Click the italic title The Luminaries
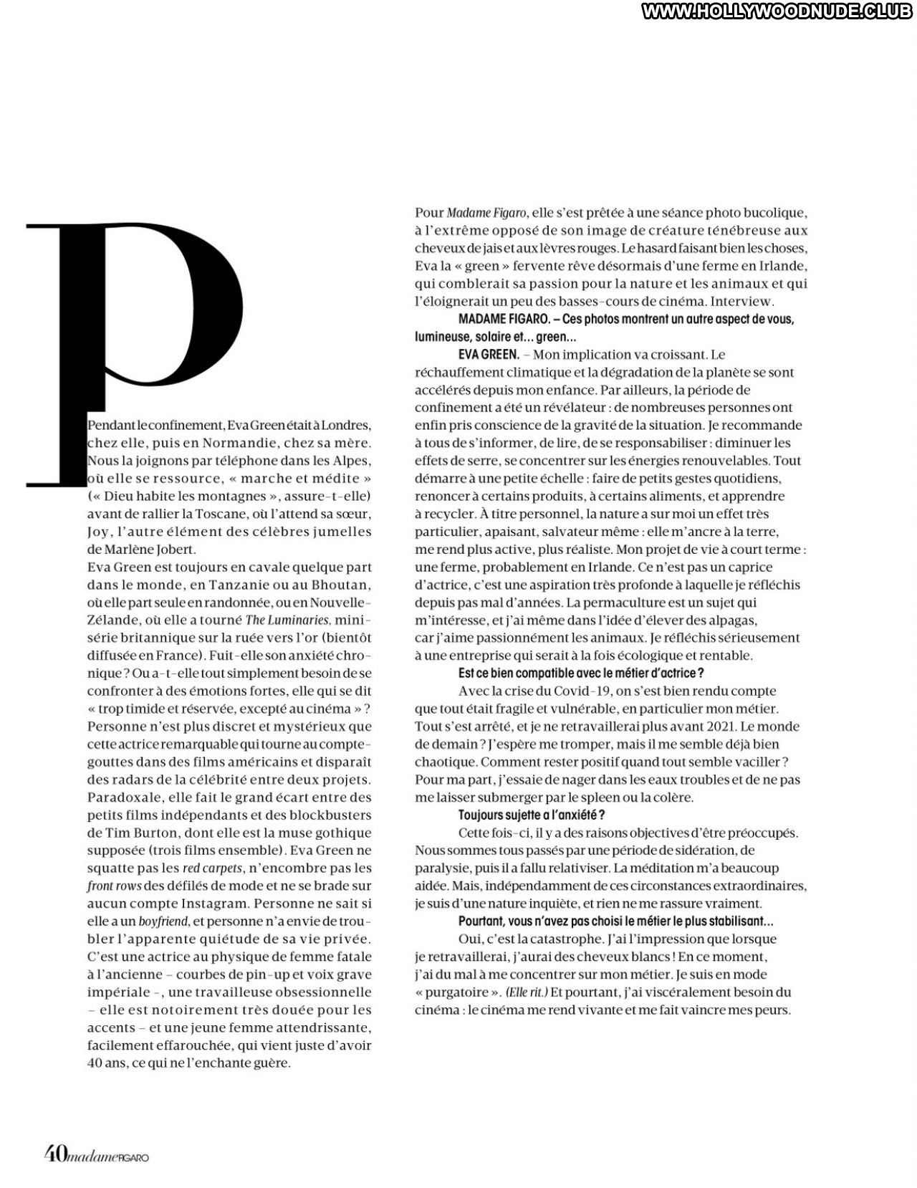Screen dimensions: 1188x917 (x=287, y=620)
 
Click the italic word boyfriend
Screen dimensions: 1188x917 (x=163, y=921)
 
